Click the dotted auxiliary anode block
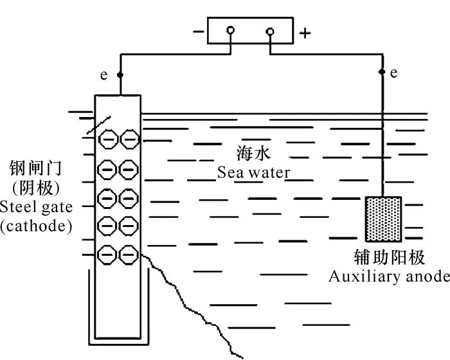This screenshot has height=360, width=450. pyautogui.click(x=384, y=219)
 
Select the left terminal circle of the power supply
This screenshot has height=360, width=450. pyautogui.click(x=230, y=30)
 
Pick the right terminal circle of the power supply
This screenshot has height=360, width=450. pyautogui.click(x=269, y=30)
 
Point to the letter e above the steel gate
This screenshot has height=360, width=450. pyautogui.click(x=104, y=75)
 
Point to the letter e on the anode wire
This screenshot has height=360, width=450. pyautogui.click(x=393, y=72)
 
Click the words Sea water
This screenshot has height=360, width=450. pyautogui.click(x=253, y=172)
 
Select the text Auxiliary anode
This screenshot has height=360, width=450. pyautogui.click(x=388, y=276)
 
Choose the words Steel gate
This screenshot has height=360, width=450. pyautogui.click(x=37, y=207)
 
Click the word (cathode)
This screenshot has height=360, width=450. pyautogui.click(x=37, y=226)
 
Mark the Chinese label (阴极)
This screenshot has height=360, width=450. pyautogui.click(x=36, y=188)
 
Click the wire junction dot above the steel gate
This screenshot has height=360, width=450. pyautogui.click(x=119, y=75)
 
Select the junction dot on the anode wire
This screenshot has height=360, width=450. pyautogui.click(x=383, y=71)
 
